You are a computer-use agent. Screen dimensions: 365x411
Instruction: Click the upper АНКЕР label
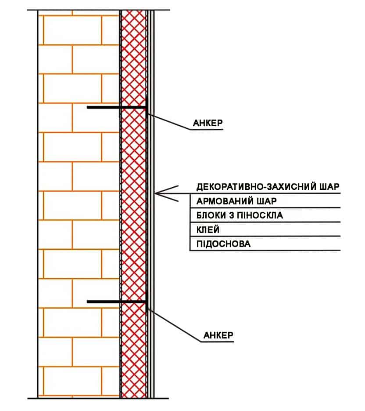(208, 123)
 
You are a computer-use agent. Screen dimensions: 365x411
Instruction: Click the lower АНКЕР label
(218, 335)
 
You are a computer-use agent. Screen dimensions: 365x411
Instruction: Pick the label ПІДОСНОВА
(223, 244)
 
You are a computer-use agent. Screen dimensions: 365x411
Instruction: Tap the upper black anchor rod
(116, 107)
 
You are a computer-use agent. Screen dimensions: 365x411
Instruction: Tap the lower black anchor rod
(116, 302)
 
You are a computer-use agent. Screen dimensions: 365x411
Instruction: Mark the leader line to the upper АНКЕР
(169, 121)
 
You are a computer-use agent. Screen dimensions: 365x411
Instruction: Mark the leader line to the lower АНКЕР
(175, 325)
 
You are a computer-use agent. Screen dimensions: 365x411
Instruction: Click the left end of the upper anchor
(87, 107)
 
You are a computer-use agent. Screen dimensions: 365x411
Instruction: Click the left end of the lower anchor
(87, 302)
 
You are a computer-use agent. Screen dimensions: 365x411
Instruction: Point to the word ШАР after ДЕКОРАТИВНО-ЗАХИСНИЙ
(329, 187)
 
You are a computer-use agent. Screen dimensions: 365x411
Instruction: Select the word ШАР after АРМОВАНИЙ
(267, 201)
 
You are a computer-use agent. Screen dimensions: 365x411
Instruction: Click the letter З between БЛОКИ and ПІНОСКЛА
(231, 215)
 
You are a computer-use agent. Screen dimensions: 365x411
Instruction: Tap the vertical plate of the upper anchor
(147, 107)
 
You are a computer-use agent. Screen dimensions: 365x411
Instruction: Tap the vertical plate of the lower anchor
(147, 302)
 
